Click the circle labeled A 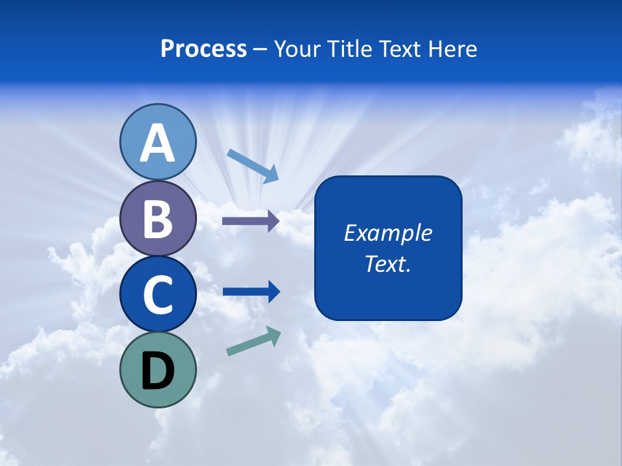point(157,142)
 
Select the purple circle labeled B point(157,218)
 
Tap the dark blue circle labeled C point(157,294)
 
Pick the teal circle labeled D point(157,370)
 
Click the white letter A point(157,143)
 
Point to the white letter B point(157,219)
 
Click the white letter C point(157,294)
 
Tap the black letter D point(157,370)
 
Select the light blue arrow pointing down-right point(253,164)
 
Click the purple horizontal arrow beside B point(250,221)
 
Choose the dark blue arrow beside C point(251,291)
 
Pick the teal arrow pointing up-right point(253,342)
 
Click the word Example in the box point(387,233)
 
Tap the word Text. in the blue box point(387,263)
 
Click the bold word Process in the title point(203,49)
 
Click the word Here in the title point(453,49)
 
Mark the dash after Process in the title point(260,49)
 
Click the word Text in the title point(402,49)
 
